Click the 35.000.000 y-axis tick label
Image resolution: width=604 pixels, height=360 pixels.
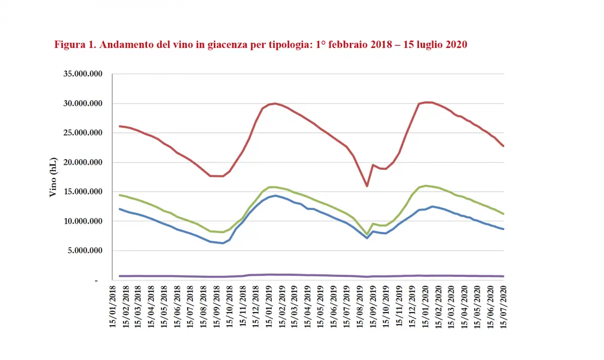[83, 74]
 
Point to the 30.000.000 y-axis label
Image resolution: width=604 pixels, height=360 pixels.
[83, 104]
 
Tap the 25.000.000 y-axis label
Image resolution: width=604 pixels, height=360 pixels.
[83, 133]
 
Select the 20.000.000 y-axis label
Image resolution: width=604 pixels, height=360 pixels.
[83, 163]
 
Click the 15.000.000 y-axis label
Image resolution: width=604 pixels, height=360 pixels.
[83, 192]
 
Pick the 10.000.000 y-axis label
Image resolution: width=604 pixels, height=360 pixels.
[83, 222]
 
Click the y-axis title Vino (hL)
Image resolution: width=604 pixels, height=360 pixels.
[53, 177]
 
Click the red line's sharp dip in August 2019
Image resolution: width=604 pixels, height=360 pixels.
[367, 186]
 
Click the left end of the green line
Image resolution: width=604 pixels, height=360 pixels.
[119, 195]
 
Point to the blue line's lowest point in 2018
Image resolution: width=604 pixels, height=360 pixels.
[222, 243]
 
